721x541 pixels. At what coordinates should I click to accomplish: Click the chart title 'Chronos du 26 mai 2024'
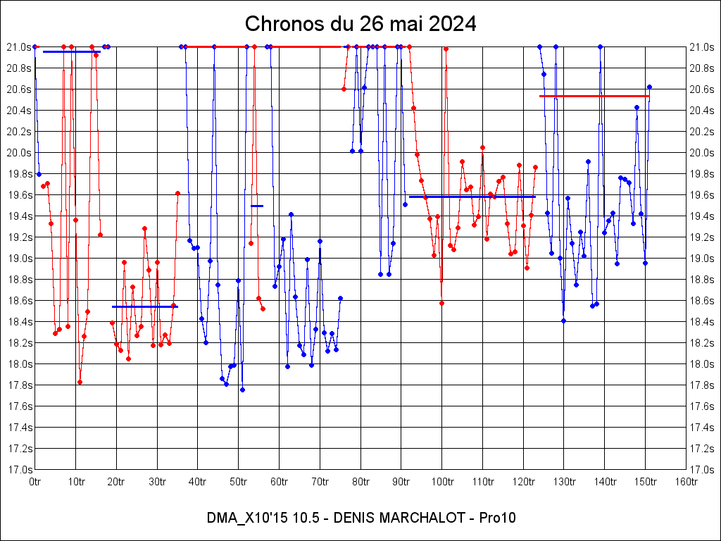360,24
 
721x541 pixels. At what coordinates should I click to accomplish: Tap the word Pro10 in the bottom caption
497,518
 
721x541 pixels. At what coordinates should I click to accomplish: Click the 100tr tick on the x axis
442,482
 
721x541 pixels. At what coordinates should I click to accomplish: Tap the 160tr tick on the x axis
686,482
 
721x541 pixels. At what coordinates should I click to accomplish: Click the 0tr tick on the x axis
35,482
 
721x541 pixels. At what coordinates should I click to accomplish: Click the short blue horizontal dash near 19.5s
257,206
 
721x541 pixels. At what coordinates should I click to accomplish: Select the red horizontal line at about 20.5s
594,96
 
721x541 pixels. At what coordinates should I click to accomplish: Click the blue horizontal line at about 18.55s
144,306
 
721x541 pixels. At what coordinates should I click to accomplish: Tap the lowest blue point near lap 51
242,390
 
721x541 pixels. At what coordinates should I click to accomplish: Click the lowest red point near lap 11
80,382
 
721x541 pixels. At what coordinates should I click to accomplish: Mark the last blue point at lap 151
649,87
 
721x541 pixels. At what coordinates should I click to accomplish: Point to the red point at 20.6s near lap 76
344,89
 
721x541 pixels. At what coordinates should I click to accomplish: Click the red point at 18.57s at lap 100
441,303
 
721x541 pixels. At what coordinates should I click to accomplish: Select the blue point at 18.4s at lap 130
563,321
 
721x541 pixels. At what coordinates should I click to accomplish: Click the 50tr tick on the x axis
239,482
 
